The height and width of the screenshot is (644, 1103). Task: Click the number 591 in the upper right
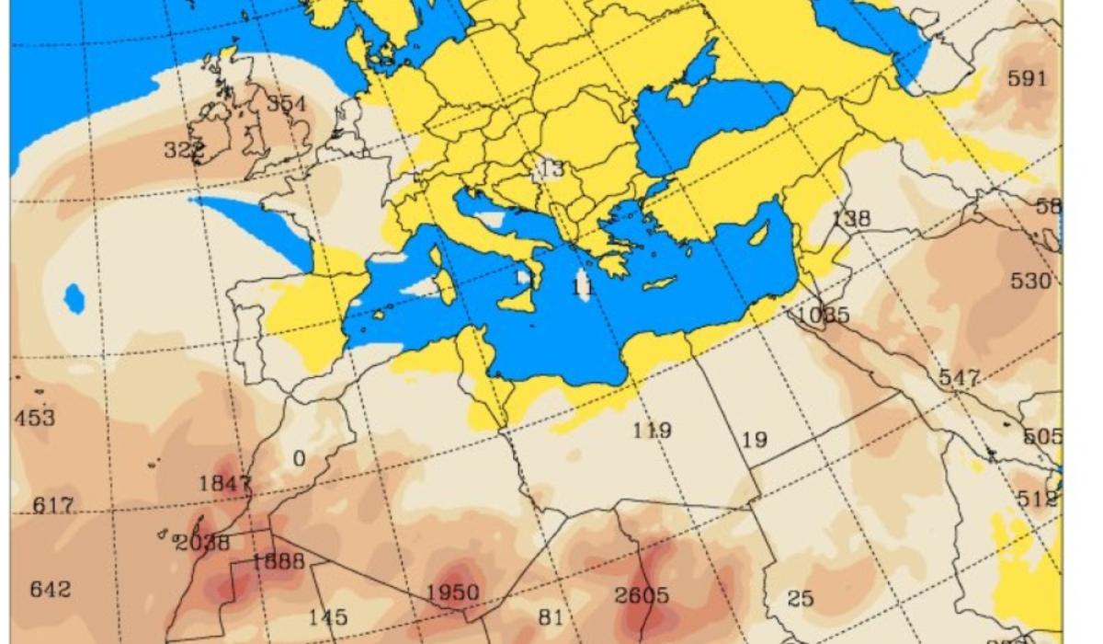(x=1027, y=79)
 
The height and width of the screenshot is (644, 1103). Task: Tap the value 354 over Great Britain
(x=286, y=104)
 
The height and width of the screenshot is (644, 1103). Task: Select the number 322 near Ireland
(x=183, y=150)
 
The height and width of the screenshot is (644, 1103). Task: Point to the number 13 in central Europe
(x=552, y=169)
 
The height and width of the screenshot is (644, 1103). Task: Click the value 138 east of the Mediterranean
(x=851, y=219)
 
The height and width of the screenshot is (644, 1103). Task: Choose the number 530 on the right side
(x=1029, y=281)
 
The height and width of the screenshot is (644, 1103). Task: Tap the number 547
(x=959, y=378)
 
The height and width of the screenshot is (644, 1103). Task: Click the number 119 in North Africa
(x=652, y=430)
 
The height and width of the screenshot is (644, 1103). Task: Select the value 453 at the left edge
(x=35, y=418)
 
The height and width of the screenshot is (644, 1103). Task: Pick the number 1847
(x=224, y=484)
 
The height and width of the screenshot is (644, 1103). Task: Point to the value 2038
(x=202, y=543)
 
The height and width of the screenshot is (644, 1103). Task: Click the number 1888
(x=278, y=560)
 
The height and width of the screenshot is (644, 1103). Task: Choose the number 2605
(x=642, y=595)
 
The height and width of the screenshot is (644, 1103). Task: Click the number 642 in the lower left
(x=50, y=589)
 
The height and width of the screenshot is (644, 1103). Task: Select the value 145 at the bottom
(x=327, y=617)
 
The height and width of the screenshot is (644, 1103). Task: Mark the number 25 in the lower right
(x=801, y=599)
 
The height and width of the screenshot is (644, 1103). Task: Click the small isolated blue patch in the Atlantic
(x=74, y=297)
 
